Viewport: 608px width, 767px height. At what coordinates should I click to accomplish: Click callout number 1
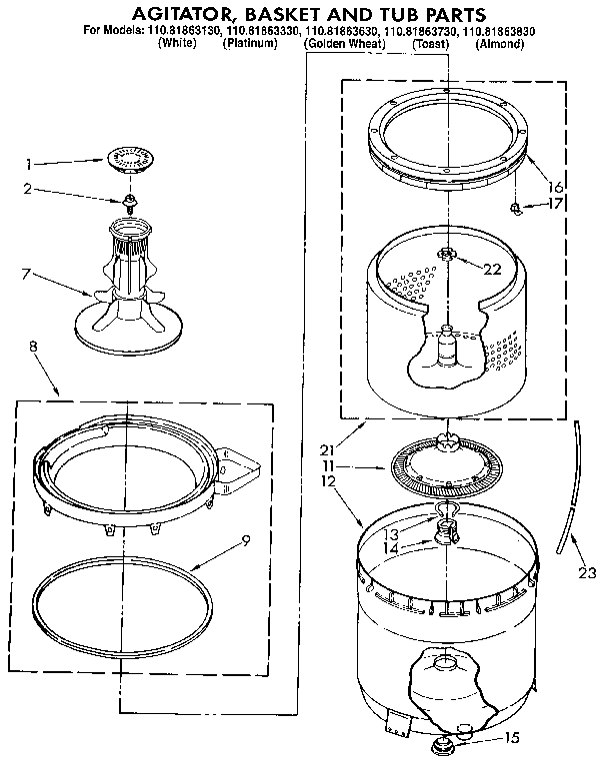(28, 163)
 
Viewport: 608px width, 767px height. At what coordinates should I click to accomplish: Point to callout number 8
(33, 346)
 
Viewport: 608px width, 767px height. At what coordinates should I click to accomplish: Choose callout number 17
(557, 203)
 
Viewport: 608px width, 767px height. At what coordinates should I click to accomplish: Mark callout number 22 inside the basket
(492, 268)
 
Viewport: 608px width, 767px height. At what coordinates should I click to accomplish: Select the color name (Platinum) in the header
(250, 45)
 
